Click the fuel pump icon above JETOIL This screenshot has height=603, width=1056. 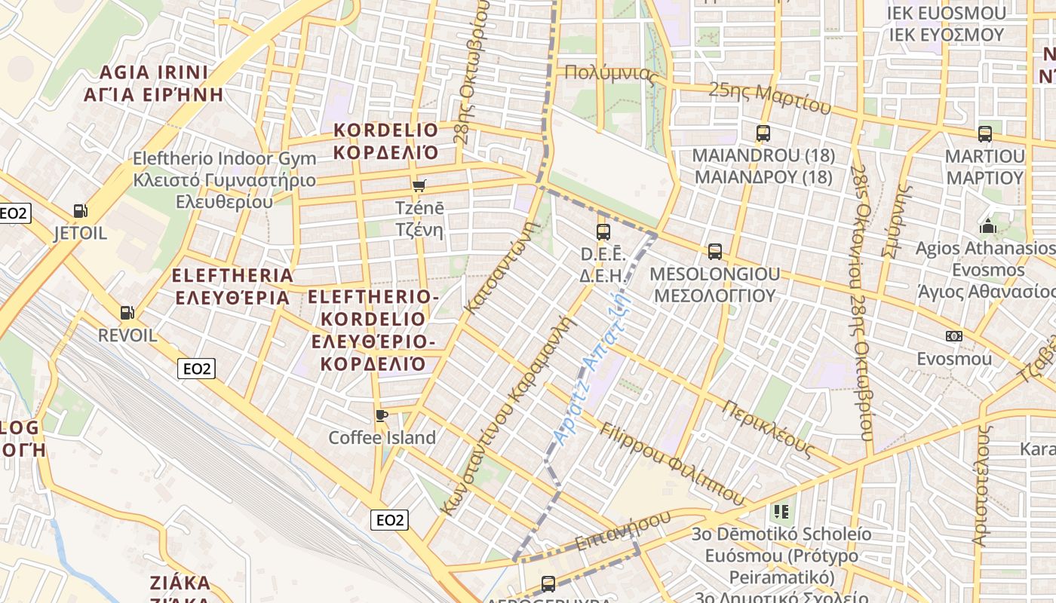(80, 211)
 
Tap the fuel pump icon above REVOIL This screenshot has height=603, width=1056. (127, 312)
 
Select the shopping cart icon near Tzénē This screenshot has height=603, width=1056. (419, 185)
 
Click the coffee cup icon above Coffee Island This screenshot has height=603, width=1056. (382, 415)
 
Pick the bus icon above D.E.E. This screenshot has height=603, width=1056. (603, 231)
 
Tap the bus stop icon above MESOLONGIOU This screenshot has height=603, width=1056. (714, 251)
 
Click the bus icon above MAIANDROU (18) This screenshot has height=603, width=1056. (763, 133)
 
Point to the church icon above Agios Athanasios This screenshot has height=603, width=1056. (987, 225)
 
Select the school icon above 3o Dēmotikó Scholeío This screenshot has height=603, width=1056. (781, 512)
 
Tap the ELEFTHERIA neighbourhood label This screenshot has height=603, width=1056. (232, 286)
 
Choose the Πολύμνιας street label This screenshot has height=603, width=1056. (611, 74)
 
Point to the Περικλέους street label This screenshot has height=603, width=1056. (769, 428)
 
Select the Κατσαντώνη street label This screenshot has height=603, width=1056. (504, 267)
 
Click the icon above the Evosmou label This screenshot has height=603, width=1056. (953, 336)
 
